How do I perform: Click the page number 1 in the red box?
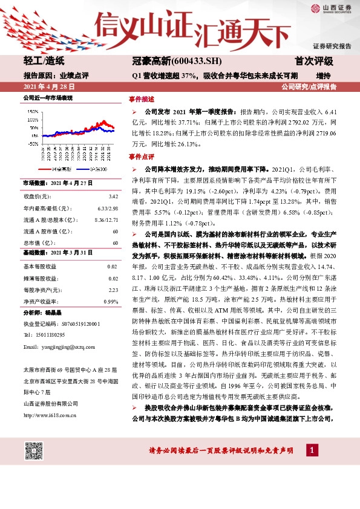[311, 450]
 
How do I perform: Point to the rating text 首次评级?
[314, 61]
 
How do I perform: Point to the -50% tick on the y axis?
[30, 144]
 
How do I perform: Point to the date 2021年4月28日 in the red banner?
[44, 87]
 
